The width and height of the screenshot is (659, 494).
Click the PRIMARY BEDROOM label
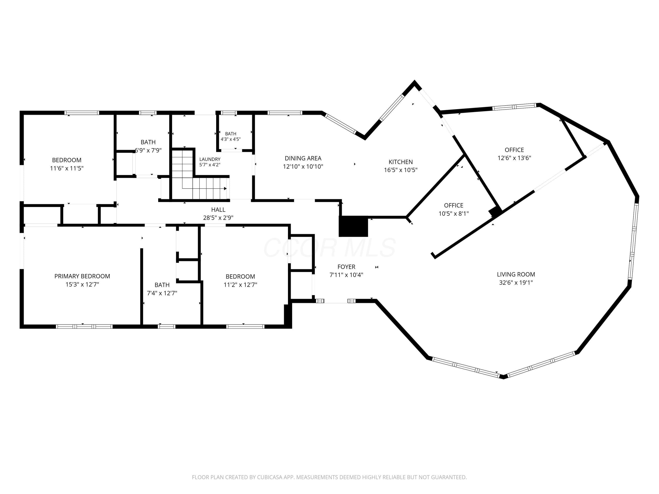point(82,276)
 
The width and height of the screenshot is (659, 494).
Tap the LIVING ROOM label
point(516,274)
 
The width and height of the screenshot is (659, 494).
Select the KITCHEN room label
point(401,162)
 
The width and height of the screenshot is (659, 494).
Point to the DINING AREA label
point(303,159)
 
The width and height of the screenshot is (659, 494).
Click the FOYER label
point(346,267)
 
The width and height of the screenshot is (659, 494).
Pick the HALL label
point(218,210)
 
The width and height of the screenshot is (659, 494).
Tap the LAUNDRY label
point(210,159)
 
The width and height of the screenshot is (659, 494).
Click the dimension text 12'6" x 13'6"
point(514,158)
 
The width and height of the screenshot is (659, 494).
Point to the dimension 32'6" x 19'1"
point(516,283)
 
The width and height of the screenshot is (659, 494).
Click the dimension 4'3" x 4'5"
point(231,139)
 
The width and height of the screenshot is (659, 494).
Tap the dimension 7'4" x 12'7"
point(162,293)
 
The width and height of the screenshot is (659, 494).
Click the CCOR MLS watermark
point(330,248)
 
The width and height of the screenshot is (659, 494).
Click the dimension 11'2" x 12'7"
point(240,285)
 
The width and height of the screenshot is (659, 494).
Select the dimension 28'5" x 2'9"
point(218,218)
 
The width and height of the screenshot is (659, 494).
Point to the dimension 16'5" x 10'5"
point(401,170)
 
